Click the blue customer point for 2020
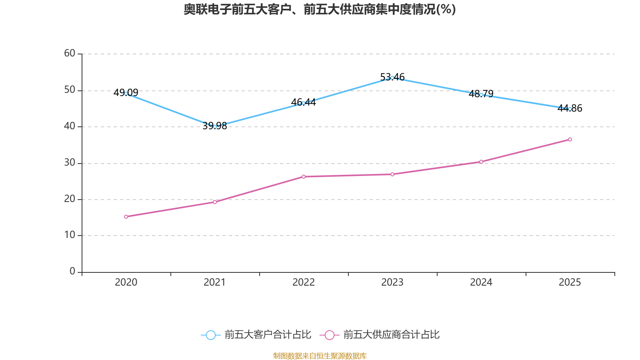point(126,94)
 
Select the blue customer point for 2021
point(215,126)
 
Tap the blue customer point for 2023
point(392,78)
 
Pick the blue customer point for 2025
point(570,109)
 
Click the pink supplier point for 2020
point(126,217)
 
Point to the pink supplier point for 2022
point(304,176)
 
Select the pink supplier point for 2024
point(481,162)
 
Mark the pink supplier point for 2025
point(570,140)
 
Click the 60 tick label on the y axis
point(70,53)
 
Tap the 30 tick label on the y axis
point(70,162)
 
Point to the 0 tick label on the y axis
point(72,271)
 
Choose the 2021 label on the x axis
point(215,282)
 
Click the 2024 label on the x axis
point(481,282)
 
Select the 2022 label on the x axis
point(304,282)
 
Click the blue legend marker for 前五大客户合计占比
point(210,335)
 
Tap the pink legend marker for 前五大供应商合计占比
point(329,335)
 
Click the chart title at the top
point(320,9)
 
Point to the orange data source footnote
point(320,356)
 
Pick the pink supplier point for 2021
point(215,202)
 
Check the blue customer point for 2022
point(304,103)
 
